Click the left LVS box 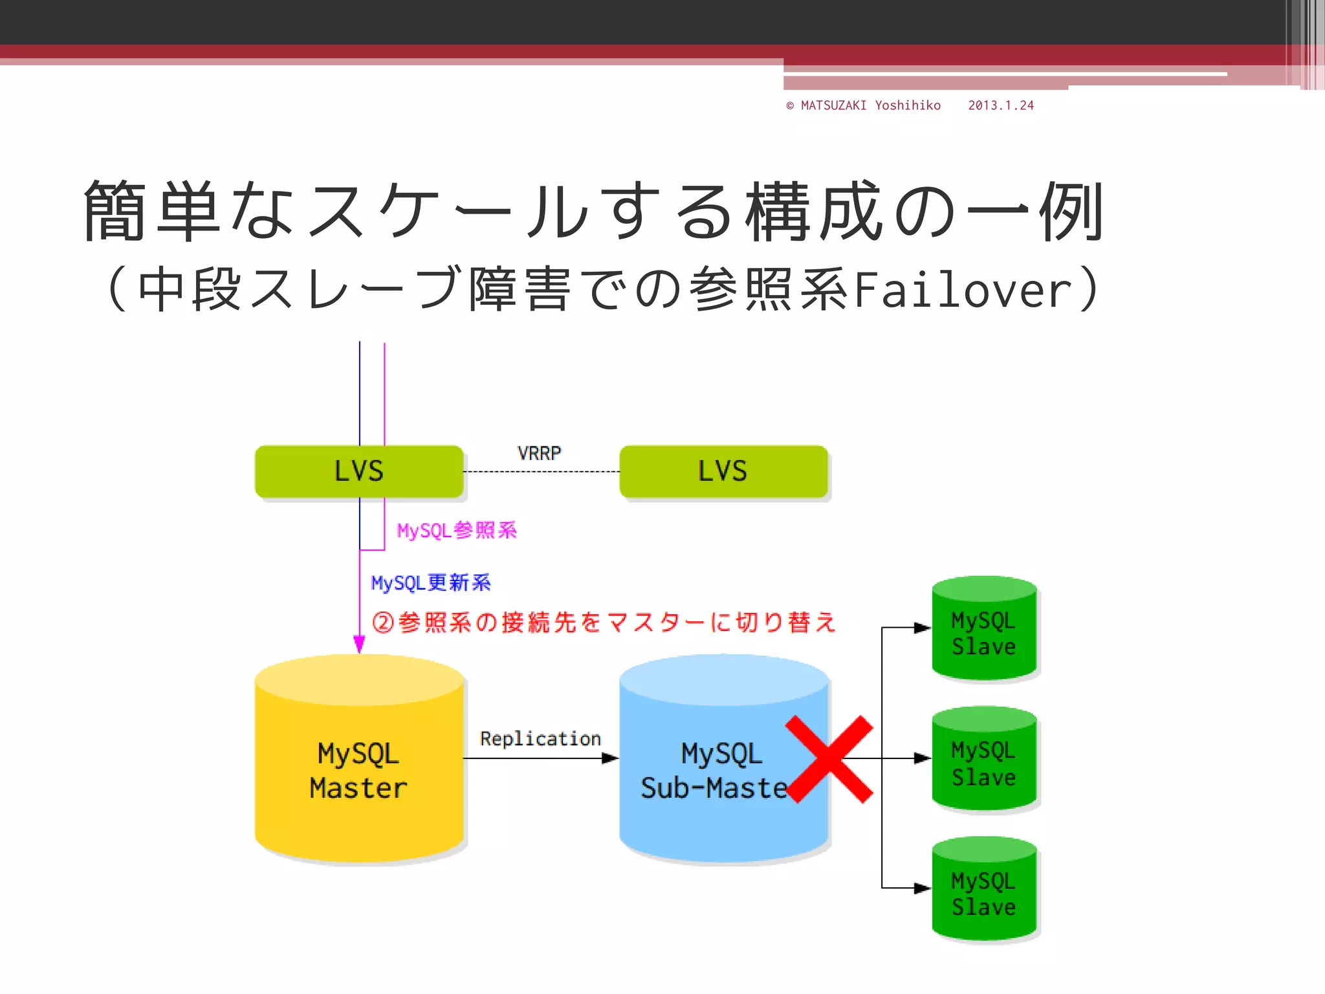coord(359,471)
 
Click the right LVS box coord(723,471)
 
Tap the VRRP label coord(539,453)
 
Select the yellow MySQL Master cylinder coord(359,770)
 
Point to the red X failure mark coord(829,759)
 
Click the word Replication coord(540,738)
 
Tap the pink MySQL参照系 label coord(457,531)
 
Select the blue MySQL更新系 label coord(431,582)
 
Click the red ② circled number coord(382,623)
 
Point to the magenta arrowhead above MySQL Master coord(359,643)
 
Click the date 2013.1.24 coord(1001,105)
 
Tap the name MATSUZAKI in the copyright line coord(833,105)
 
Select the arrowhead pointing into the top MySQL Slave coord(922,628)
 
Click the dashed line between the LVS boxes coord(541,472)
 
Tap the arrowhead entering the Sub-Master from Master coord(610,758)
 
